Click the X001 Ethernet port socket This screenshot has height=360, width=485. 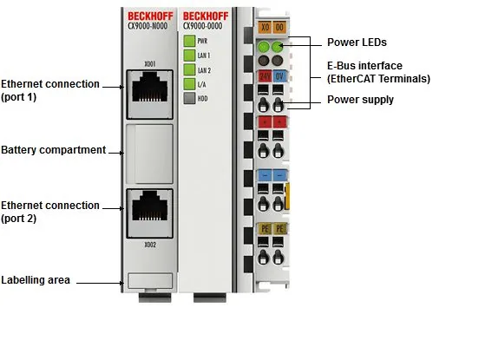(150, 95)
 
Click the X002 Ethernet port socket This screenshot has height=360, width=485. (150, 213)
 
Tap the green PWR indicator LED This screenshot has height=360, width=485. (189, 41)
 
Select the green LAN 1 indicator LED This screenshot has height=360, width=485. (189, 56)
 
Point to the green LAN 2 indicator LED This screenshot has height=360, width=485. (189, 69)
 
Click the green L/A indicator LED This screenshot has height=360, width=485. (189, 84)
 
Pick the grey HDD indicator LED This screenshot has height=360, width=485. (189, 98)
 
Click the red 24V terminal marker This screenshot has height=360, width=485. (265, 76)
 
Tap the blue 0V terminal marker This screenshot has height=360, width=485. (279, 76)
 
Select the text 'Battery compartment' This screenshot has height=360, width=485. (54, 150)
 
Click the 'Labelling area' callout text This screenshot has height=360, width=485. (36, 280)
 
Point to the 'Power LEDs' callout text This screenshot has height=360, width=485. (357, 43)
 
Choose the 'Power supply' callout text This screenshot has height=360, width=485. (360, 100)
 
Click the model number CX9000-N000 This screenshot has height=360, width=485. (147, 26)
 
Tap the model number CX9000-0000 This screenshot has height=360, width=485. (203, 26)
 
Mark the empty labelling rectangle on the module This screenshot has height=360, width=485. (150, 280)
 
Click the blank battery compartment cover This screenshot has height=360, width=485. (150, 154)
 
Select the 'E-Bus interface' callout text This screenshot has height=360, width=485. (364, 66)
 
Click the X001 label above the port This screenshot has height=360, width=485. (150, 64)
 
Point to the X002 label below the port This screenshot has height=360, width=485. (150, 245)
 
